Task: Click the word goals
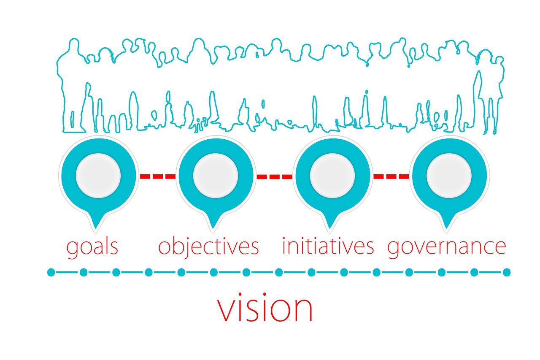tap(92, 247)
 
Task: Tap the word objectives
tap(208, 247)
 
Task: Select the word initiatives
tap(328, 246)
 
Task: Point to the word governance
tap(446, 247)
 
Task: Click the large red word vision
tap(265, 309)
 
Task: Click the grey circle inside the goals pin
tap(98, 176)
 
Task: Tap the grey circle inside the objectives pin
tap(216, 176)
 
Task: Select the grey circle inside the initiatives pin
tap(332, 176)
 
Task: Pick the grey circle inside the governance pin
tap(449, 176)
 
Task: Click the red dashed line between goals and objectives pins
tap(158, 176)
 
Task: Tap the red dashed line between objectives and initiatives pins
tap(274, 176)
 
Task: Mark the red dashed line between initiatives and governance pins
tap(391, 176)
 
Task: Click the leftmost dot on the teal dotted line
tap(51, 272)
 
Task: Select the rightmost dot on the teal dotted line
tap(507, 272)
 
